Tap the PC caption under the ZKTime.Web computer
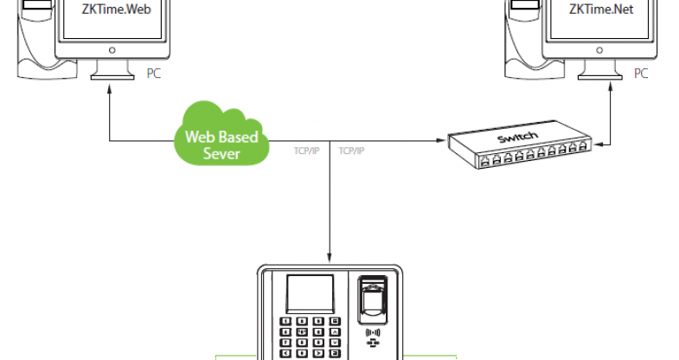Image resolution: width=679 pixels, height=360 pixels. tap(154, 75)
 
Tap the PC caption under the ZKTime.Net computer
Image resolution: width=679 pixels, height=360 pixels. tap(641, 74)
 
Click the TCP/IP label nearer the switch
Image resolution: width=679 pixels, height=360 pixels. tap(351, 151)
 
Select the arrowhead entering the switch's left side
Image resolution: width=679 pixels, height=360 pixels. tap(443, 138)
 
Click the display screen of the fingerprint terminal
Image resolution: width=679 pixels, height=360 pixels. tap(309, 295)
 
